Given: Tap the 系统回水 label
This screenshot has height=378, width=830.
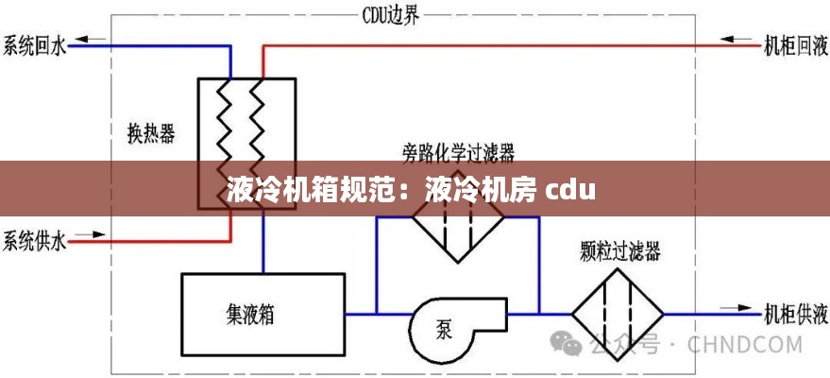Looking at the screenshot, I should (x=34, y=44).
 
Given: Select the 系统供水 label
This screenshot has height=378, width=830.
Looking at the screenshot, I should (x=34, y=242).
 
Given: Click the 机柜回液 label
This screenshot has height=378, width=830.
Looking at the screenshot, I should (x=795, y=44).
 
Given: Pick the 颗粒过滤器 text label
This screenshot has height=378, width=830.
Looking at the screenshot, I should (x=619, y=251).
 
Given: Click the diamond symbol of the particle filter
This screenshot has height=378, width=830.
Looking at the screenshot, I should (x=619, y=309).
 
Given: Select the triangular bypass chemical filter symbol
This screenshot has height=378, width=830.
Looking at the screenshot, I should (x=457, y=232).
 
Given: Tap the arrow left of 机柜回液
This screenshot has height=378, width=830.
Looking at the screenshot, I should (x=735, y=40).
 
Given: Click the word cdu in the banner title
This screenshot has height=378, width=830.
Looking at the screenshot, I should (x=570, y=190).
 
